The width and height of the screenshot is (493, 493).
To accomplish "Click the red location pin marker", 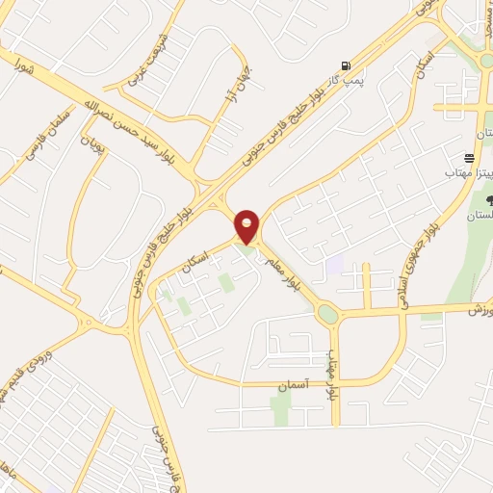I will (246, 225).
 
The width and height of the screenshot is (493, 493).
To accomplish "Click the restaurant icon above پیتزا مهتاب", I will (469, 157).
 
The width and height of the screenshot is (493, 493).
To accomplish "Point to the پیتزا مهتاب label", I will (463, 171).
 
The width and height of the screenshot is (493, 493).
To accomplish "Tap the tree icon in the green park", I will (491, 200).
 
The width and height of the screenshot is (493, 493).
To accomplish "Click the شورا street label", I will (24, 66).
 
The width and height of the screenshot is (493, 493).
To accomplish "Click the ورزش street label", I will (479, 312).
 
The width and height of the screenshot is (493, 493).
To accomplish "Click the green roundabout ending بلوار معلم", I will (327, 313).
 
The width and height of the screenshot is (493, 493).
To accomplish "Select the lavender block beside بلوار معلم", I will (335, 264).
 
